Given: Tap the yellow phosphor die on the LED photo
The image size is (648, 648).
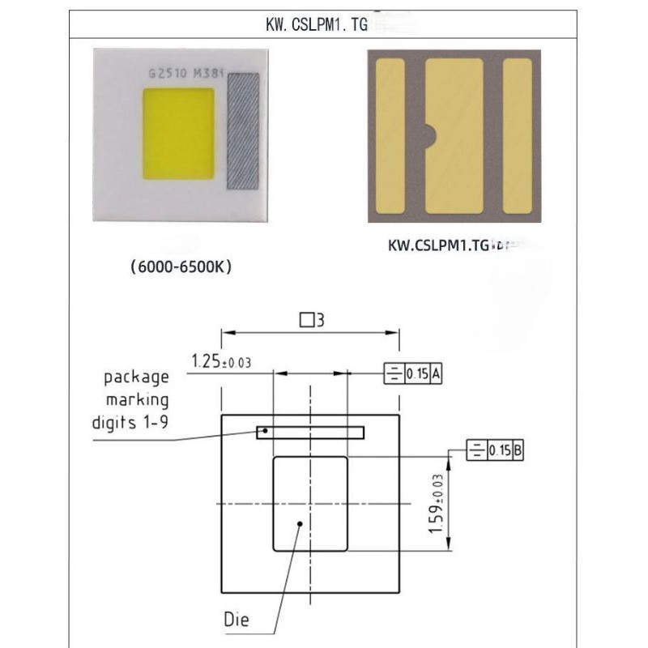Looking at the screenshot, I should pos(178,134).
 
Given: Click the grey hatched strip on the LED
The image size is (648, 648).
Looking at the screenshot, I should pos(243,131).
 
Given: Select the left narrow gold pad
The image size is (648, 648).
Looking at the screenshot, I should pos(390,136).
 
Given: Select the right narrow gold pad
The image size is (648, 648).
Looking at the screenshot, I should pos(517,136).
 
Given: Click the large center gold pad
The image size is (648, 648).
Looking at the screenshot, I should pos(455,136).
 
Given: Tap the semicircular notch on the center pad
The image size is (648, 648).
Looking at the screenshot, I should pos(430,134).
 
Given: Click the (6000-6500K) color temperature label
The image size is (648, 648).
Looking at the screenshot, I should pos(181,266).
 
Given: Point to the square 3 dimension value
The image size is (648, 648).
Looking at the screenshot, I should pos(312,320).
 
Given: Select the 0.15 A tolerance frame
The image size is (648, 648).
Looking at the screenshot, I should pos(413,374).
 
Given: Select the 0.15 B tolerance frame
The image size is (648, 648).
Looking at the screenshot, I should pos(496,451).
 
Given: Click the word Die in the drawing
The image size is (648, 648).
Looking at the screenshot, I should pos(237,620).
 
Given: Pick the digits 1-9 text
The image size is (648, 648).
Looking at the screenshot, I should pos(130,422).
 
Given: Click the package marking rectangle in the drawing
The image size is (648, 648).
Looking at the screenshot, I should pos(310,433).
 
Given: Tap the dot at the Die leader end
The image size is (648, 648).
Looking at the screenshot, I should pos(301,524).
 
